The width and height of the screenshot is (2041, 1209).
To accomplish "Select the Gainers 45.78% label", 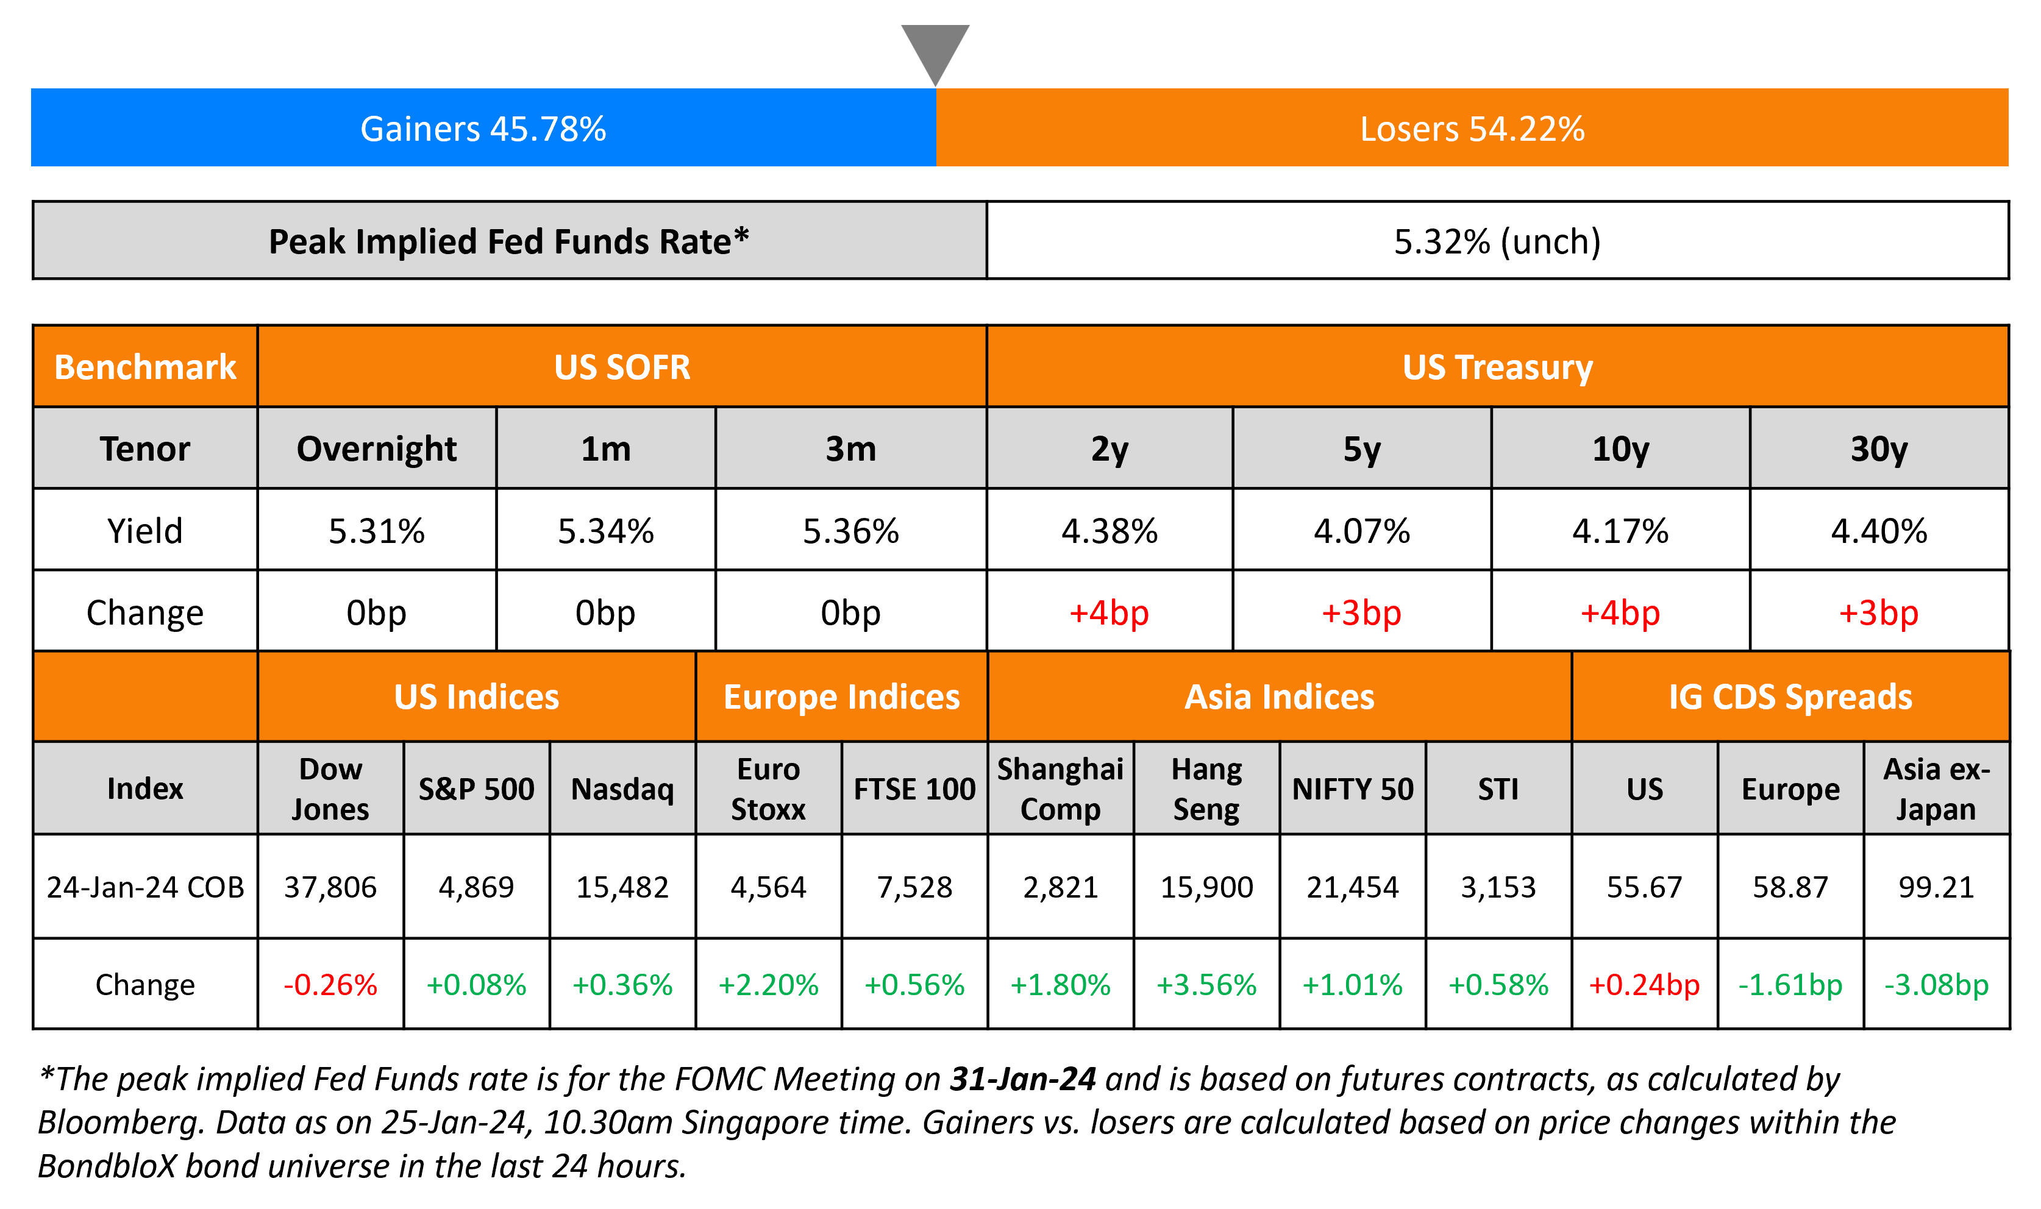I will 483,129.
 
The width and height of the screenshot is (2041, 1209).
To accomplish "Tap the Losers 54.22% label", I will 1472,129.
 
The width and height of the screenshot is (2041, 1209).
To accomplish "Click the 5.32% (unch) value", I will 1497,241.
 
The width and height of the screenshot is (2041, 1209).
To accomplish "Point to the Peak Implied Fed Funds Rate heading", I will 508,241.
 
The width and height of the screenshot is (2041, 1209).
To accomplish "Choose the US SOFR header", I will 622,367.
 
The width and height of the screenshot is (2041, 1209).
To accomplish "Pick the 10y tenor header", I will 1620,449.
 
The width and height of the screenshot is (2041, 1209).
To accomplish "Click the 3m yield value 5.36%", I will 850,531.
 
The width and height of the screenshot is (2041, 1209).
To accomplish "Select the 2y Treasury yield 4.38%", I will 1109,531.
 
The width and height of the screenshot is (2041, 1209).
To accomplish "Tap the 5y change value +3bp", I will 1361,612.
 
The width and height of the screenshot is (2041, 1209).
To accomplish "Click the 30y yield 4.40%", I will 1878,531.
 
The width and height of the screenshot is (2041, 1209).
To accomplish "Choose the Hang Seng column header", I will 1206,789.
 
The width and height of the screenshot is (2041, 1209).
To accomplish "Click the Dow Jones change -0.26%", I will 330,985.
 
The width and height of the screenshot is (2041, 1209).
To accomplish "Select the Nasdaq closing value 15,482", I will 622,887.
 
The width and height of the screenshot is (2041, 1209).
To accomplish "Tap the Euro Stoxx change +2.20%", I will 768,985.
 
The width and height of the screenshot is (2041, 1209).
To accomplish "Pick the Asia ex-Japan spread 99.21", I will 1936,887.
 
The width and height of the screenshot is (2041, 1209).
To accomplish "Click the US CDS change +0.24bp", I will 1644,985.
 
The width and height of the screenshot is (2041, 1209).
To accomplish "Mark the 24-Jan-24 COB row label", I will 145,887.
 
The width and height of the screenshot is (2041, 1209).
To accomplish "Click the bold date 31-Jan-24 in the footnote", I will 1022,1079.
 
